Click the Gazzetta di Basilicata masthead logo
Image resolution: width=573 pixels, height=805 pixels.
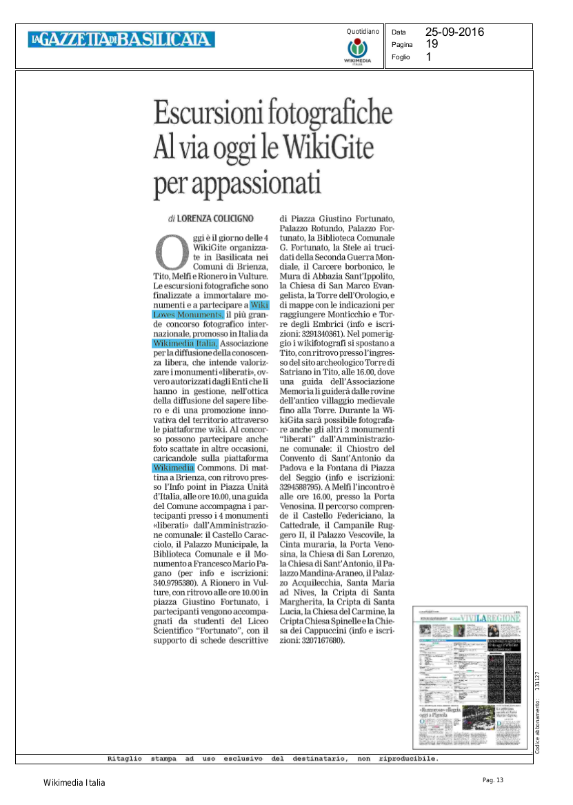[121, 40]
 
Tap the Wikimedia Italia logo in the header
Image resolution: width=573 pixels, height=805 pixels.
[357, 50]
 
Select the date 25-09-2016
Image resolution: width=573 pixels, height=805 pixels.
[454, 32]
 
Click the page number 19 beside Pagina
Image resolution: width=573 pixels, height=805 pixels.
[432, 44]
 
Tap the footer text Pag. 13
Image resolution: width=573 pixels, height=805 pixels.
[493, 780]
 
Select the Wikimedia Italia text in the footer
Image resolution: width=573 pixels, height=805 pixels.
[74, 782]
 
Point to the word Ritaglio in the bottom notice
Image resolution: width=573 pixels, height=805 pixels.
[125, 758]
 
